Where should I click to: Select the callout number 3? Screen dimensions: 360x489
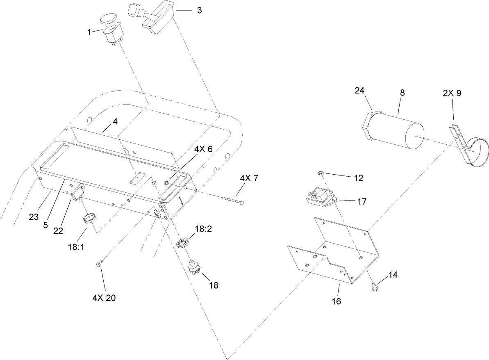pos(199,10)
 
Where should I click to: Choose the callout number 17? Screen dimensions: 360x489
pos(362,201)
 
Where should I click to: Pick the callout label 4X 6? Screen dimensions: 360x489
pos(203,150)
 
